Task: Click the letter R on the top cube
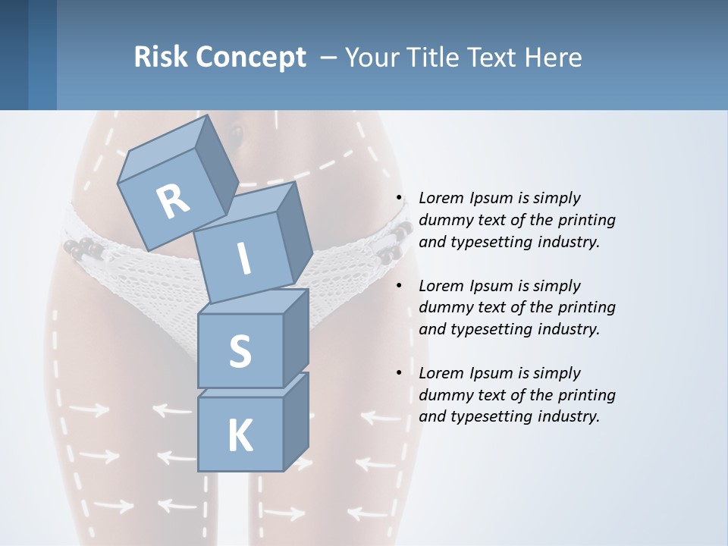[174, 202]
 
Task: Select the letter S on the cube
[240, 351]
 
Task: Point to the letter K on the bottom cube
[240, 436]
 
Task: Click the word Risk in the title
[162, 57]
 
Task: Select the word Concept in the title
[251, 57]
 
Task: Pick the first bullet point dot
[399, 199]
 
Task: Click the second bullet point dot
[399, 286]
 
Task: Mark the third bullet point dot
[399, 373]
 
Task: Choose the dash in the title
[329, 58]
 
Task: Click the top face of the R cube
[164, 155]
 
